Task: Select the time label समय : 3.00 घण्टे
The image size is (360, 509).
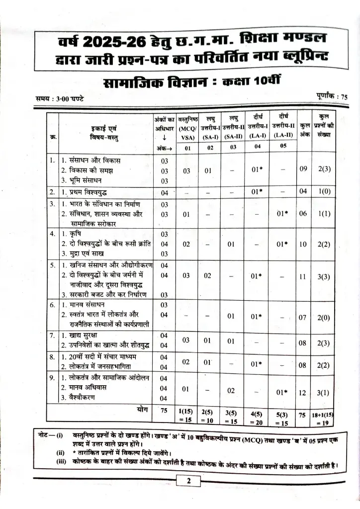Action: (60, 98)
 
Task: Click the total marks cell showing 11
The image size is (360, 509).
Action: (303, 277)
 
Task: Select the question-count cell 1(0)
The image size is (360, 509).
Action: (324, 192)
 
